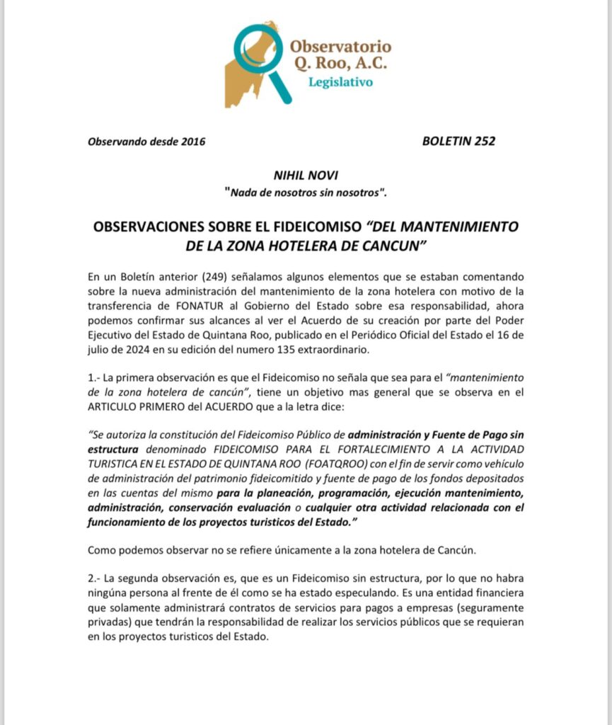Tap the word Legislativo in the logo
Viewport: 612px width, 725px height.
click(340, 82)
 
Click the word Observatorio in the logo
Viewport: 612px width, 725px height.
click(340, 46)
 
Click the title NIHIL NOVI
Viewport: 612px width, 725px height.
click(306, 176)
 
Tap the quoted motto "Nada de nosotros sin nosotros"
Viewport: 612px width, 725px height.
click(306, 192)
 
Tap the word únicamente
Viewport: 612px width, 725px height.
click(299, 549)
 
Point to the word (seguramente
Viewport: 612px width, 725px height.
click(487, 607)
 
